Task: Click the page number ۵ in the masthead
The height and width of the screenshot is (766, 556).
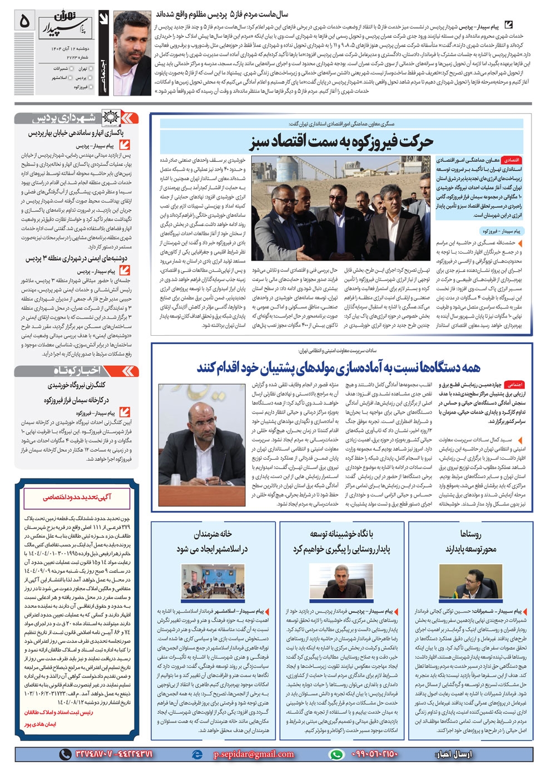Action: coord(24,21)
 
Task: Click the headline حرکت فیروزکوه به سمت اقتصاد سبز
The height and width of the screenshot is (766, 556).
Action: coord(341,142)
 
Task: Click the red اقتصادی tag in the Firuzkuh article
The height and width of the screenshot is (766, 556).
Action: coord(510,160)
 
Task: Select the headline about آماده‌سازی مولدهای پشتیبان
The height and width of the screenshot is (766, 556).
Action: coord(338,368)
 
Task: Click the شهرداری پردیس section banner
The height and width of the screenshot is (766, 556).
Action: coord(75,118)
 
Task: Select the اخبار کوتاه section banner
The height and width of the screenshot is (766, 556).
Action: coord(76,371)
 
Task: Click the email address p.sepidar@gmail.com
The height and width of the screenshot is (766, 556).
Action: coord(254,754)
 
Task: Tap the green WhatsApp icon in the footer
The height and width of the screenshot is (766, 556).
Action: coord(336,754)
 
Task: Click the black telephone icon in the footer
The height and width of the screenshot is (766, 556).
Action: coord(66,754)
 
